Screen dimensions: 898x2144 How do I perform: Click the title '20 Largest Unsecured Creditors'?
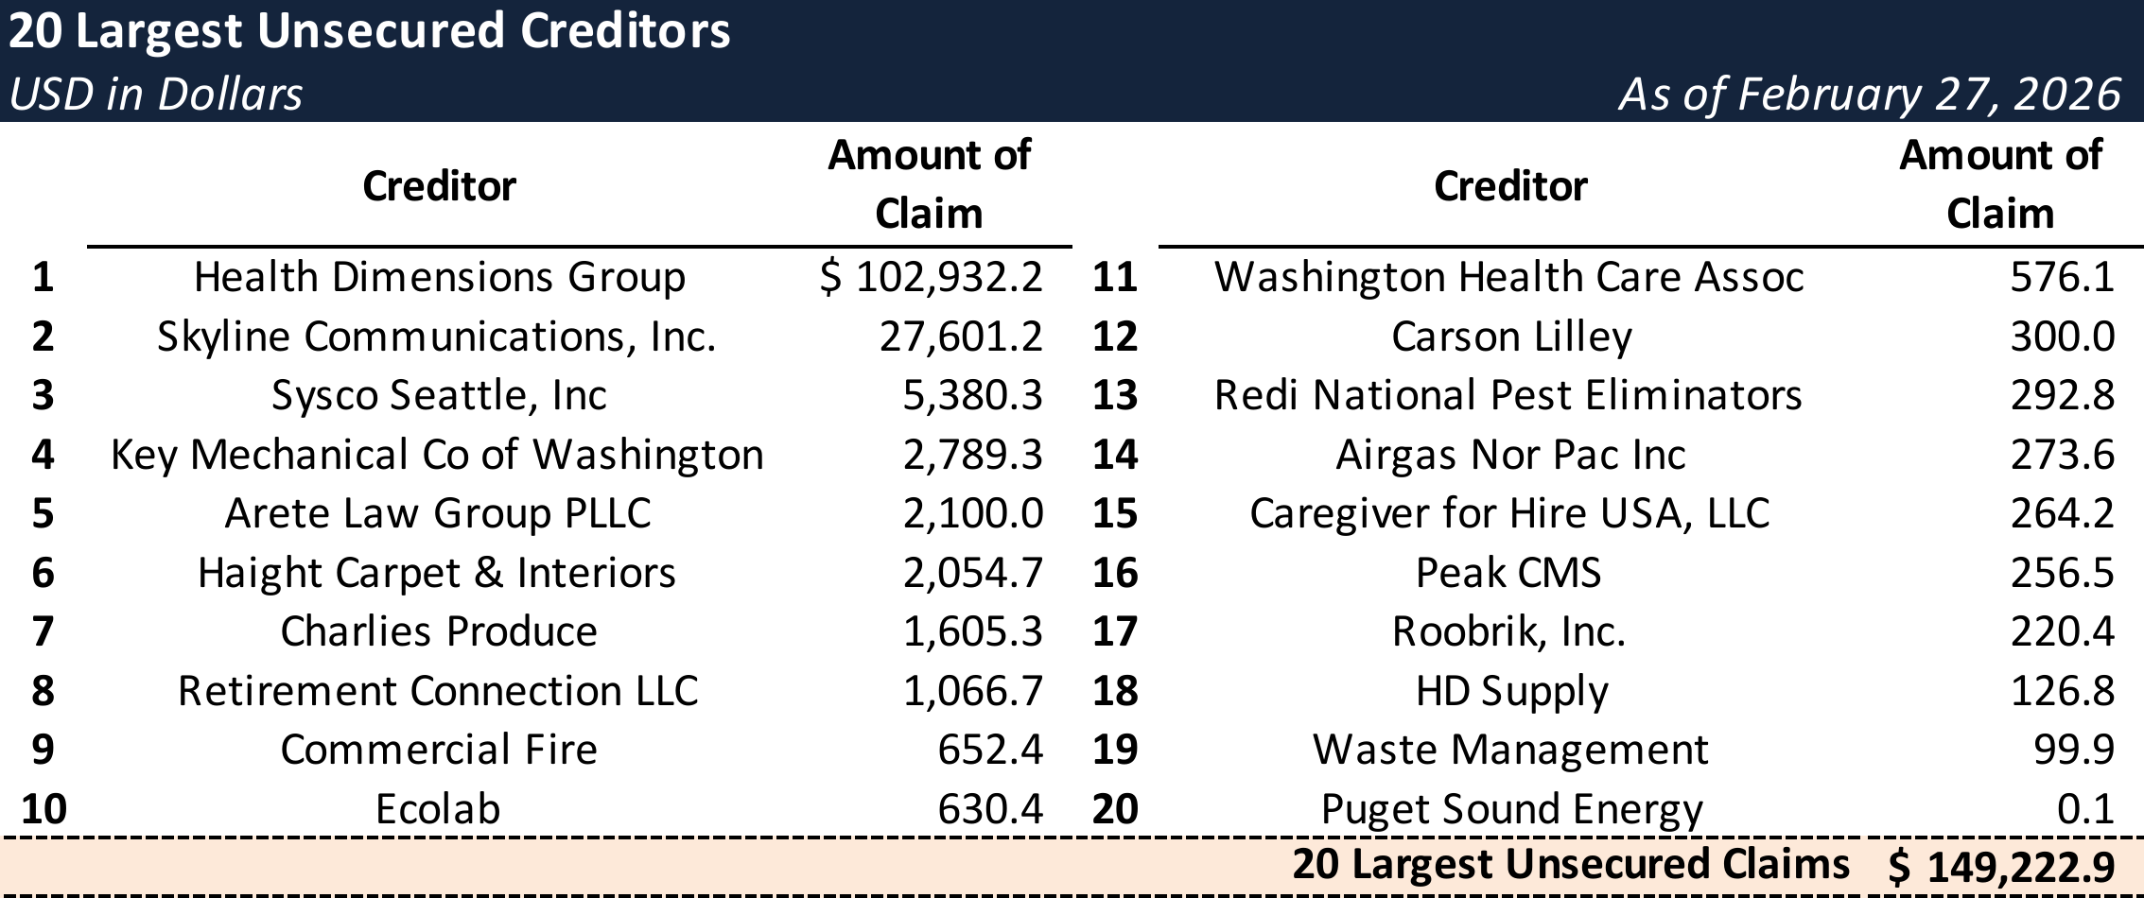click(x=369, y=31)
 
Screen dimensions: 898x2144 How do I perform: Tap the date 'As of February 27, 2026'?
click(x=1869, y=95)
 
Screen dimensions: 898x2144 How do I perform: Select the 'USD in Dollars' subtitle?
click(x=156, y=95)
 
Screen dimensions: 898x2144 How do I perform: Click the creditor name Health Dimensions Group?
click(x=439, y=277)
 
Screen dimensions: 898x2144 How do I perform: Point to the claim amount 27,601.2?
click(x=960, y=337)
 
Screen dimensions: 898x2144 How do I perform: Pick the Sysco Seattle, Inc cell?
click(x=439, y=395)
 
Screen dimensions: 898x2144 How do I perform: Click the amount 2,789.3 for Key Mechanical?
click(x=972, y=455)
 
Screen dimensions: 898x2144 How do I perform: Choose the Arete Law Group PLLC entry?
click(x=438, y=513)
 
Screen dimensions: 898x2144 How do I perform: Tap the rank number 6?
click(x=43, y=573)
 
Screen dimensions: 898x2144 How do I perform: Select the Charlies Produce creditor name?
click(x=439, y=631)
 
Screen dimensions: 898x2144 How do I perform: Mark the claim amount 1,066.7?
click(x=972, y=691)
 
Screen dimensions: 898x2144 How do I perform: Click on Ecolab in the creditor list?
click(x=438, y=809)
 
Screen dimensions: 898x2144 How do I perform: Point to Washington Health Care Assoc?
click(x=1508, y=277)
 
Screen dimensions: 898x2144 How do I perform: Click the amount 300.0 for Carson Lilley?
click(x=2062, y=337)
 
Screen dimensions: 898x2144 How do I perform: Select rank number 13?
click(x=1115, y=395)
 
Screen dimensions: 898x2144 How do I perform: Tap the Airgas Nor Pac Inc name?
click(x=1510, y=455)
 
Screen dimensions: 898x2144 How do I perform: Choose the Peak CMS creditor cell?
click(x=1508, y=573)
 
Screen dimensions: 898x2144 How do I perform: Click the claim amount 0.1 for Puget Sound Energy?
click(x=2085, y=809)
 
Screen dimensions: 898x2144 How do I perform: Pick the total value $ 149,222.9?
click(x=2000, y=867)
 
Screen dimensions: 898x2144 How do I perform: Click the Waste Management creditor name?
click(x=1510, y=750)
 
